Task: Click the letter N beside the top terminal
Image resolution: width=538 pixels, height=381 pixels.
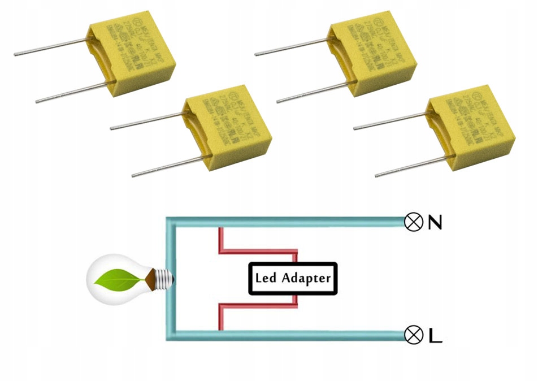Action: pyautogui.click(x=435, y=223)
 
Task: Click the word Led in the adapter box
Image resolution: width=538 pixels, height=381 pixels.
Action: pyautogui.click(x=266, y=278)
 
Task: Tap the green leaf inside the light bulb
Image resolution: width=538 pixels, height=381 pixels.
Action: pyautogui.click(x=119, y=279)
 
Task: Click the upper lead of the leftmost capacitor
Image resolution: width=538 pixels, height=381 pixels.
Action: pyautogui.click(x=51, y=47)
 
